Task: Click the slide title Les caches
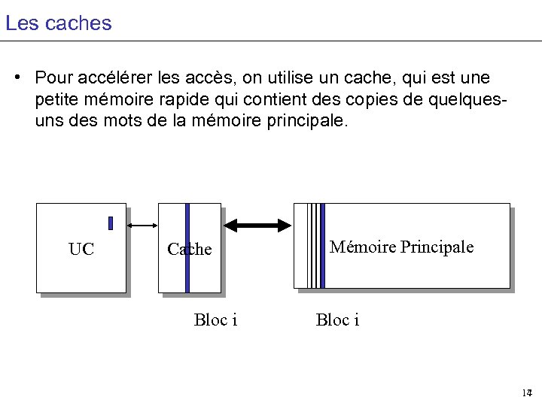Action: coord(58,23)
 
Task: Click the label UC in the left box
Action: coord(81,250)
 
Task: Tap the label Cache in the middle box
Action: coord(190,250)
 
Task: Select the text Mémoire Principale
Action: coord(401,247)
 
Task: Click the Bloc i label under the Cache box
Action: coord(215,320)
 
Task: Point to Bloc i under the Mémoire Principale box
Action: coord(337,320)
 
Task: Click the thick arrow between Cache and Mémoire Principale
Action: coord(258,225)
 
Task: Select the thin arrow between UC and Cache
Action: coord(142,225)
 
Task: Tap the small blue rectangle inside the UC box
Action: coord(110,223)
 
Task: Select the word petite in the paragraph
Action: coord(56,99)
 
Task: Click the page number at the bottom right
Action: coord(526,393)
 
